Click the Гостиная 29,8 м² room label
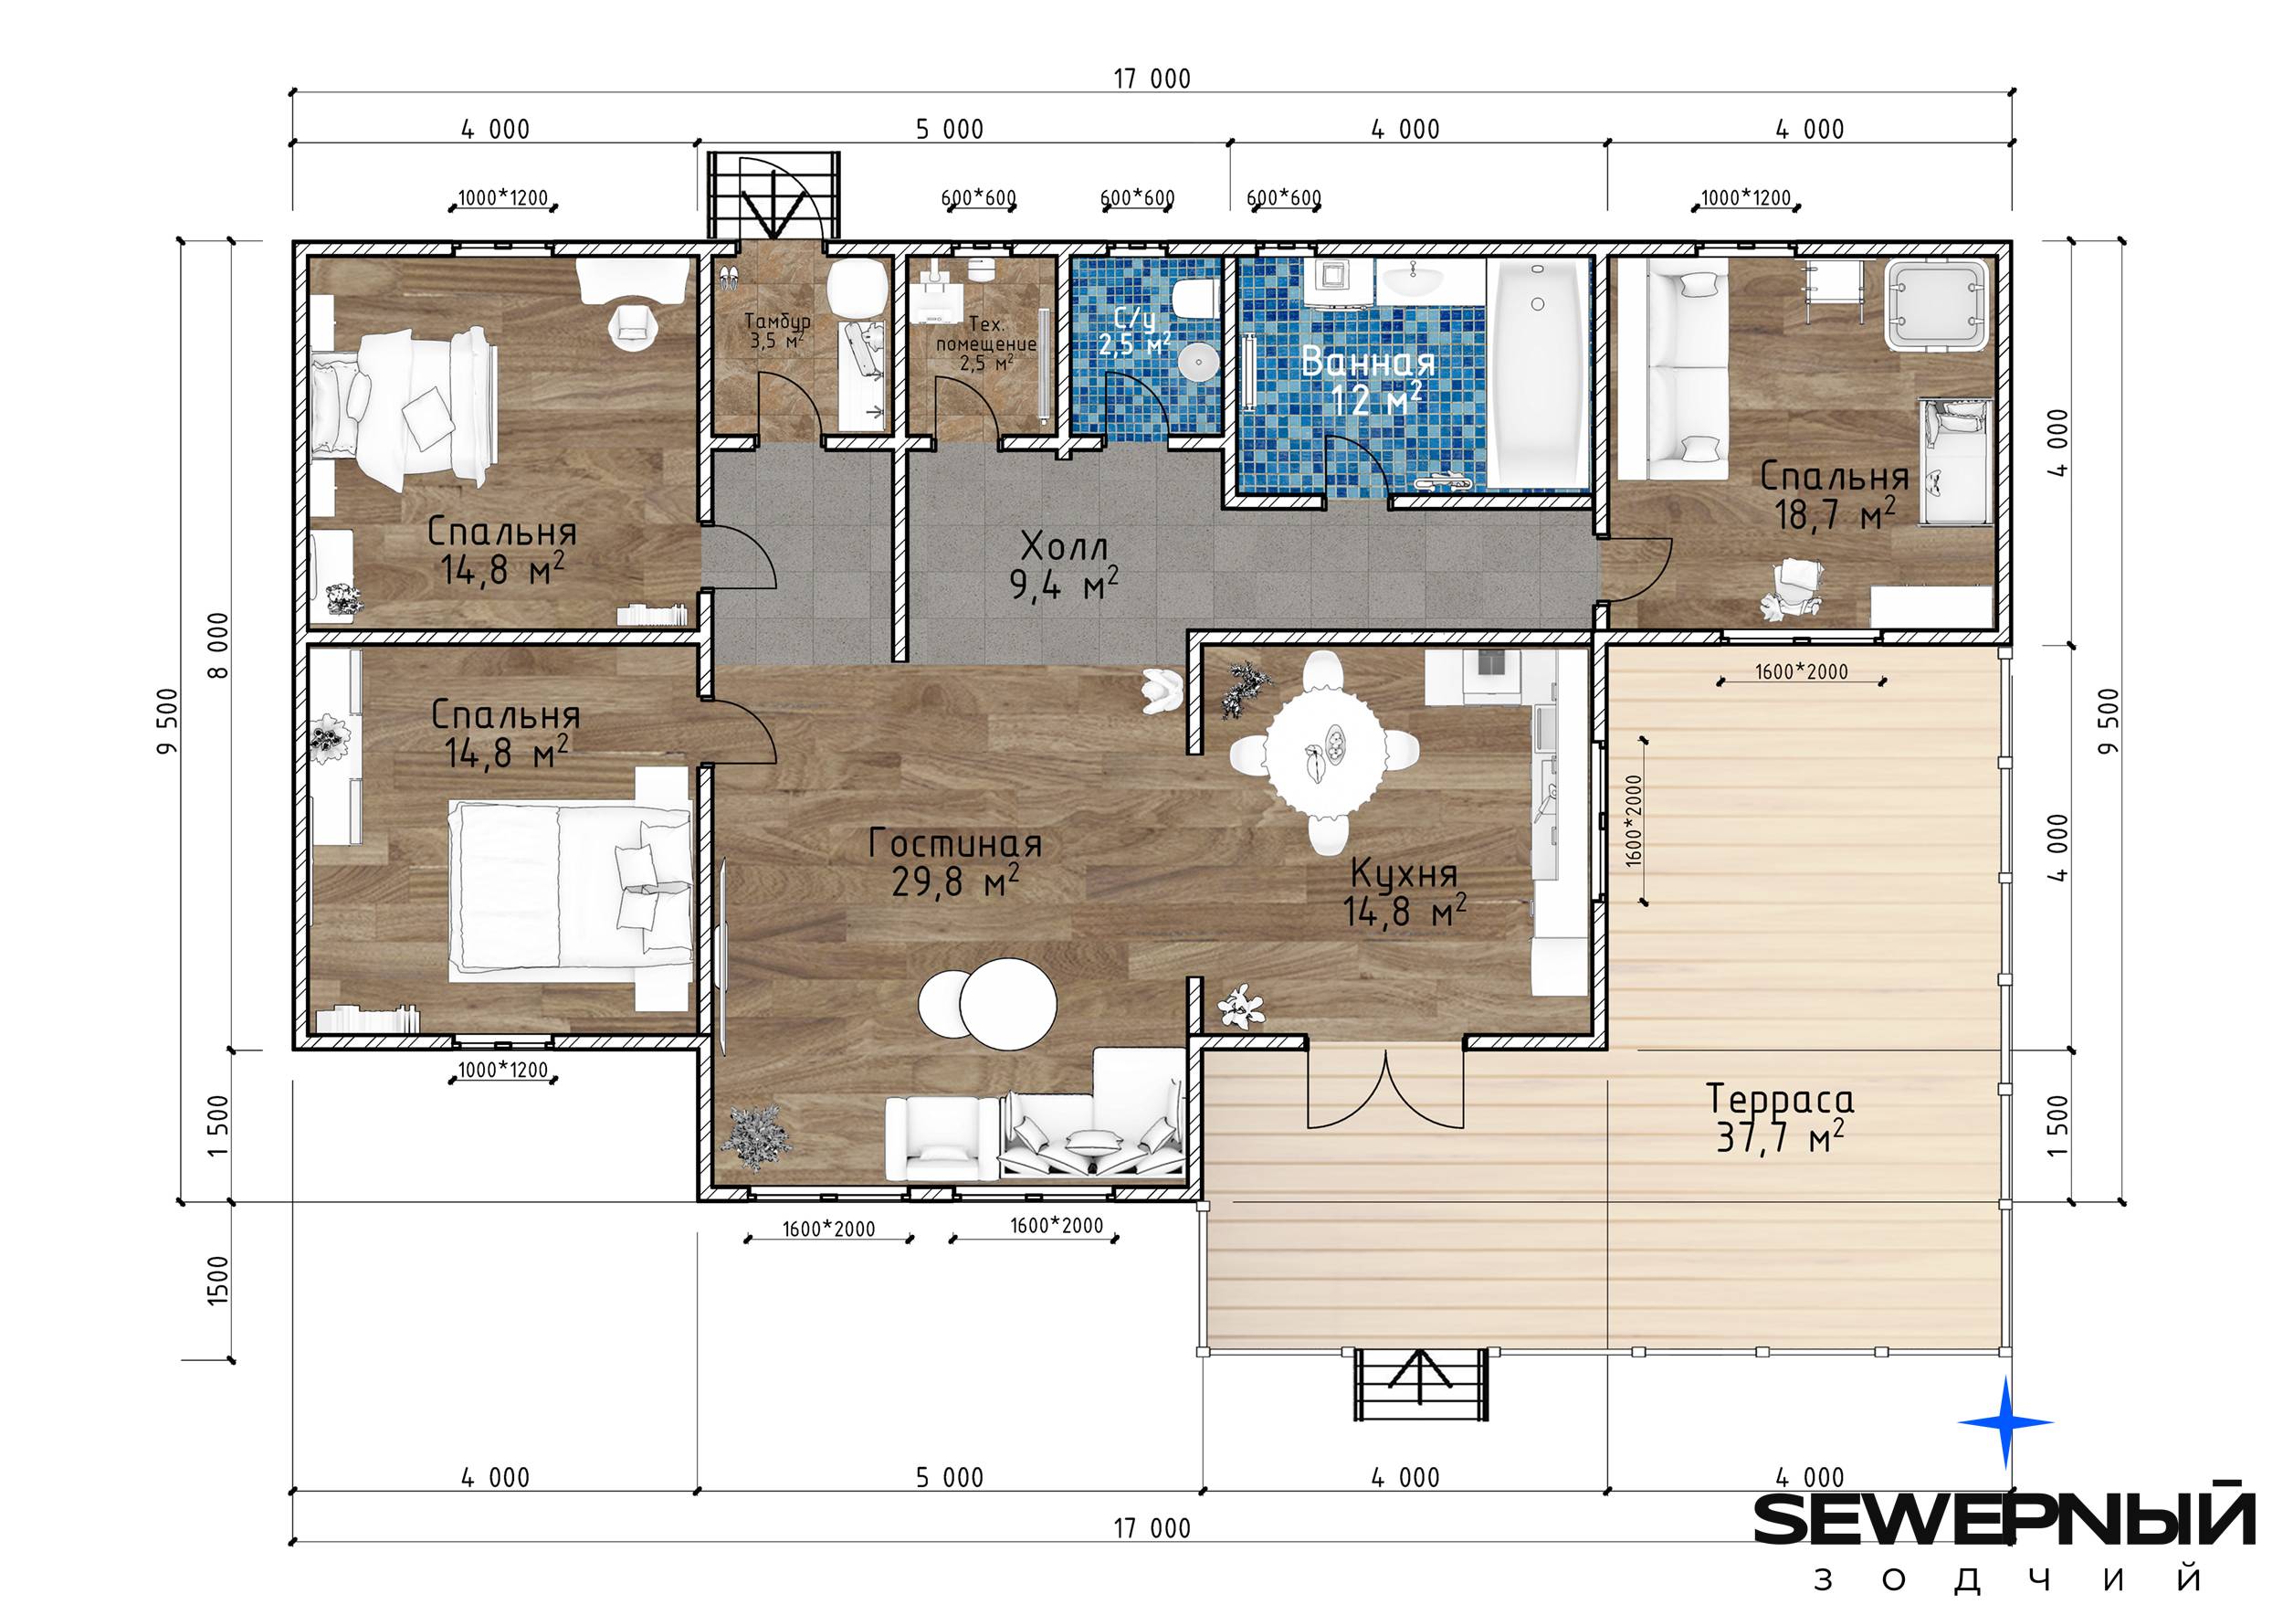point(955,863)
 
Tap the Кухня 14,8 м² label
point(1404,893)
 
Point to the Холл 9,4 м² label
point(1064,565)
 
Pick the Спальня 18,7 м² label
point(1835,495)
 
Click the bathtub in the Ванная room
point(1537,372)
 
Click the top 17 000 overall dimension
point(1152,79)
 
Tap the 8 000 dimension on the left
point(219,644)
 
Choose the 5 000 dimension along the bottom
point(950,1478)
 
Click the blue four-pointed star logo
point(2004,1422)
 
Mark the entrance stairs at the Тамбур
point(773,195)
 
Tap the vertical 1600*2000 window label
point(1635,820)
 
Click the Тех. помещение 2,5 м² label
point(985,343)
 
